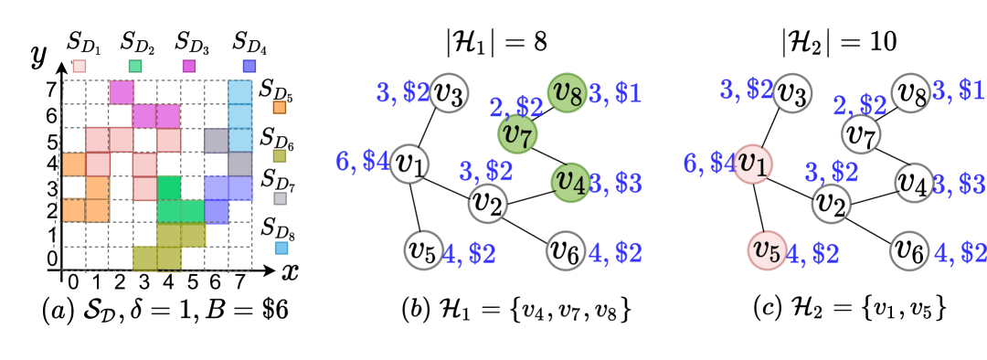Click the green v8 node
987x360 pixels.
point(567,93)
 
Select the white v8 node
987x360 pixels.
point(910,93)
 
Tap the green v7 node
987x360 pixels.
point(517,134)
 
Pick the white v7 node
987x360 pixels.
point(861,134)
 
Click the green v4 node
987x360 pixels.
point(570,182)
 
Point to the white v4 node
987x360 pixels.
point(914,182)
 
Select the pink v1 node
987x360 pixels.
point(753,164)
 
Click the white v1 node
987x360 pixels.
point(409,164)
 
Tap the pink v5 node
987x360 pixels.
point(767,250)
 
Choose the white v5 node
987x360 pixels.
point(423,250)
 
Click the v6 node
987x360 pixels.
point(566,250)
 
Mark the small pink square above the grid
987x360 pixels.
point(80,66)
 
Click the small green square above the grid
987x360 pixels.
point(135,66)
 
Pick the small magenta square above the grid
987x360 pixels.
point(189,66)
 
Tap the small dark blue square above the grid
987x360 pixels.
point(249,66)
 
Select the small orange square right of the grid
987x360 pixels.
point(280,107)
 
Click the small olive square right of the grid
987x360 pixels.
point(280,156)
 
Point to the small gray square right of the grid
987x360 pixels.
point(280,198)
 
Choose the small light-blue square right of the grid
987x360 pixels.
point(281,248)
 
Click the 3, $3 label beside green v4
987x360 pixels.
point(616,183)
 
